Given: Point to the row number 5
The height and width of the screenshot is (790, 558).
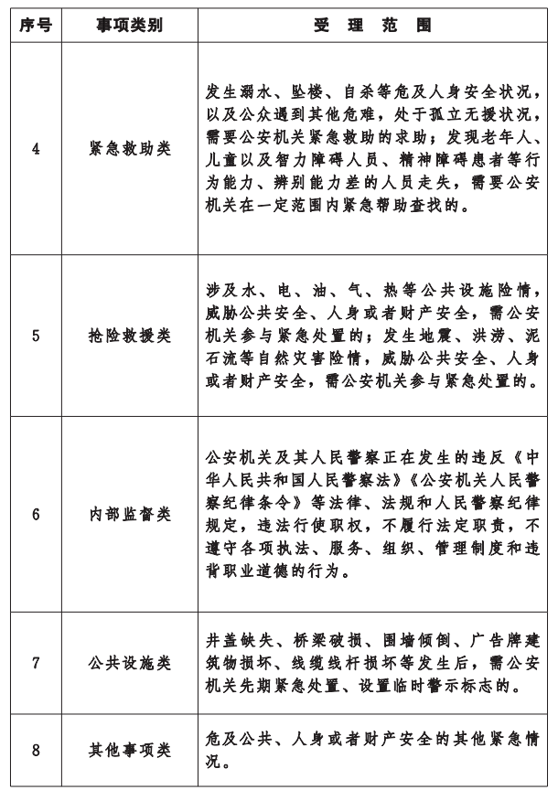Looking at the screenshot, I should pyautogui.click(x=36, y=335).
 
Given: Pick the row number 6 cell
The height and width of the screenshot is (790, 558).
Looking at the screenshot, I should pyautogui.click(x=36, y=514).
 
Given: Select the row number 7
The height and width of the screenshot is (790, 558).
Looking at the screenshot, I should pyautogui.click(x=36, y=661).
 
